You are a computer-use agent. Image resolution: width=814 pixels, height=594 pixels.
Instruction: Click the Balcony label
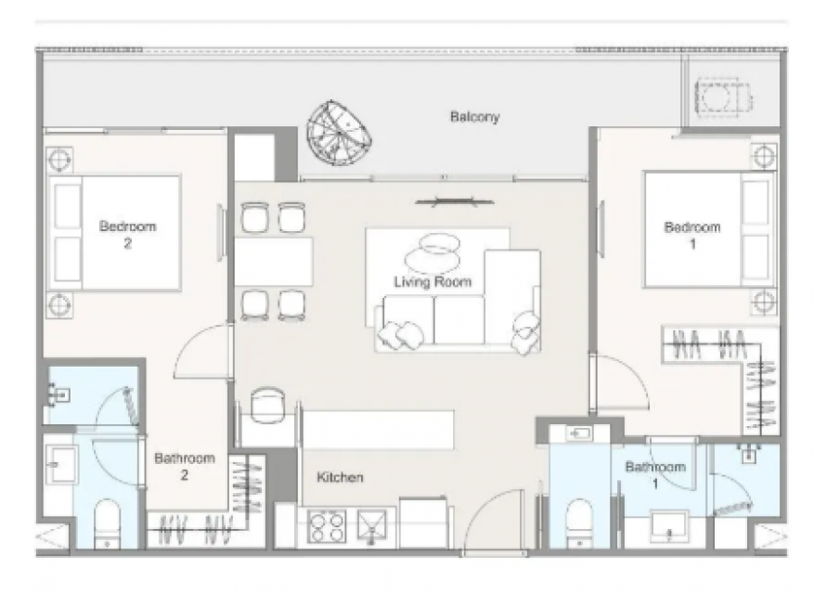(474, 117)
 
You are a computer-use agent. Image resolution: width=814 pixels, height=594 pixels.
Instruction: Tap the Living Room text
(433, 282)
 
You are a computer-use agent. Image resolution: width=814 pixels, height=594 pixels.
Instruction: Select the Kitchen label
(340, 477)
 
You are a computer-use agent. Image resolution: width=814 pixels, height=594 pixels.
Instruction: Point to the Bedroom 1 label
(692, 235)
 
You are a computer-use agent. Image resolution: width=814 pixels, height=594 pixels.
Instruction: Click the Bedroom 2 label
(128, 235)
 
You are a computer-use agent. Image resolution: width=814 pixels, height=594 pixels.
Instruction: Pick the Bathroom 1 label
(655, 474)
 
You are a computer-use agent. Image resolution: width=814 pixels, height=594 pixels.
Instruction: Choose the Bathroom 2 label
(185, 466)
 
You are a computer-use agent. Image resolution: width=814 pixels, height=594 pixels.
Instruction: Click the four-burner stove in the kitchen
(327, 526)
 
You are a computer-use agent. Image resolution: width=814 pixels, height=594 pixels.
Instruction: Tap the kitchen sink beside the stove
(371, 526)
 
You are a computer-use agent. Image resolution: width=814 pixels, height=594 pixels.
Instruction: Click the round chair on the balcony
(339, 133)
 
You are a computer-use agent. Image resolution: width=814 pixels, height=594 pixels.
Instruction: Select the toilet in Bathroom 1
(579, 523)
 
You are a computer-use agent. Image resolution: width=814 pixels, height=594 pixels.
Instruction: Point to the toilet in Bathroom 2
(108, 523)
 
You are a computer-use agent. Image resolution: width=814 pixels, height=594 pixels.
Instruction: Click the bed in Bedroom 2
(114, 233)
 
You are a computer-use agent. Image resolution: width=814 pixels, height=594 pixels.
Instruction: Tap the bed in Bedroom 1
(708, 229)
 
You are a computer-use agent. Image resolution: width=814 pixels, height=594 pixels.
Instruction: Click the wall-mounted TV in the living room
(455, 202)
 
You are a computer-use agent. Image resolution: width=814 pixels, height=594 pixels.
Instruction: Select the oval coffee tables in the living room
(433, 252)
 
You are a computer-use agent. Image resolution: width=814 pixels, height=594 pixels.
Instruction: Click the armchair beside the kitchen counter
(266, 406)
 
